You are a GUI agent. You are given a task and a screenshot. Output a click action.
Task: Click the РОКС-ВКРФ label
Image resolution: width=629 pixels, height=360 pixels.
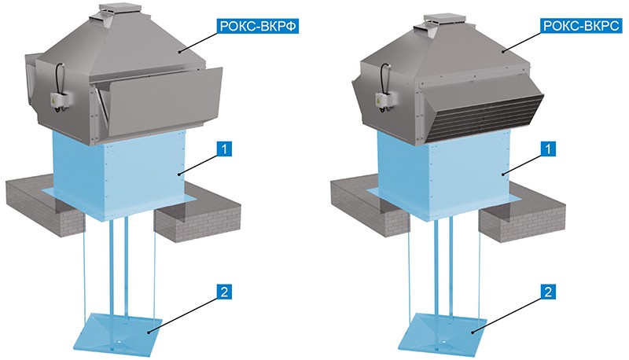(259, 26)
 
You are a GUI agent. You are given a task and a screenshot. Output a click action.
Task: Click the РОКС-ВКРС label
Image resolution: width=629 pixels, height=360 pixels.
(581, 26)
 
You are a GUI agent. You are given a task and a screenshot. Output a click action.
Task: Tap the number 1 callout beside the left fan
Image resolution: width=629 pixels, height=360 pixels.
(225, 149)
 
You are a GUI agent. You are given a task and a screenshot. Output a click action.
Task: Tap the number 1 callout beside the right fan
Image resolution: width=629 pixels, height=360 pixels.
(548, 149)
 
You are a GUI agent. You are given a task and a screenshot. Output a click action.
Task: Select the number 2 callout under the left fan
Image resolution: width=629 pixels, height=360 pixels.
(225, 292)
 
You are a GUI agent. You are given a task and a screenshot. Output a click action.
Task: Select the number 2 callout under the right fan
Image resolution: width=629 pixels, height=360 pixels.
(548, 292)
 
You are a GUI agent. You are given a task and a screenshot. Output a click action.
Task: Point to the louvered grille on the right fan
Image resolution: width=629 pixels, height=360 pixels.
(484, 116)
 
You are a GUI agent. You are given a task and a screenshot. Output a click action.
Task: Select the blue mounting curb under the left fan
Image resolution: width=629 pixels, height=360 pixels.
(119, 174)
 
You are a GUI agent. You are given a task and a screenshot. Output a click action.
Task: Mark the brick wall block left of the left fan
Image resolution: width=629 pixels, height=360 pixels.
(44, 204)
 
